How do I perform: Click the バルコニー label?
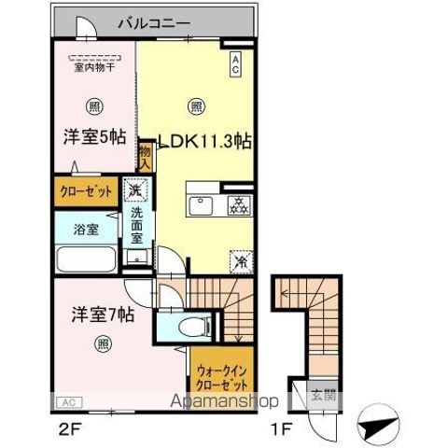(154, 22)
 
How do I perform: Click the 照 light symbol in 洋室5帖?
(93, 105)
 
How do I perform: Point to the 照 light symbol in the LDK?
(196, 105)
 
